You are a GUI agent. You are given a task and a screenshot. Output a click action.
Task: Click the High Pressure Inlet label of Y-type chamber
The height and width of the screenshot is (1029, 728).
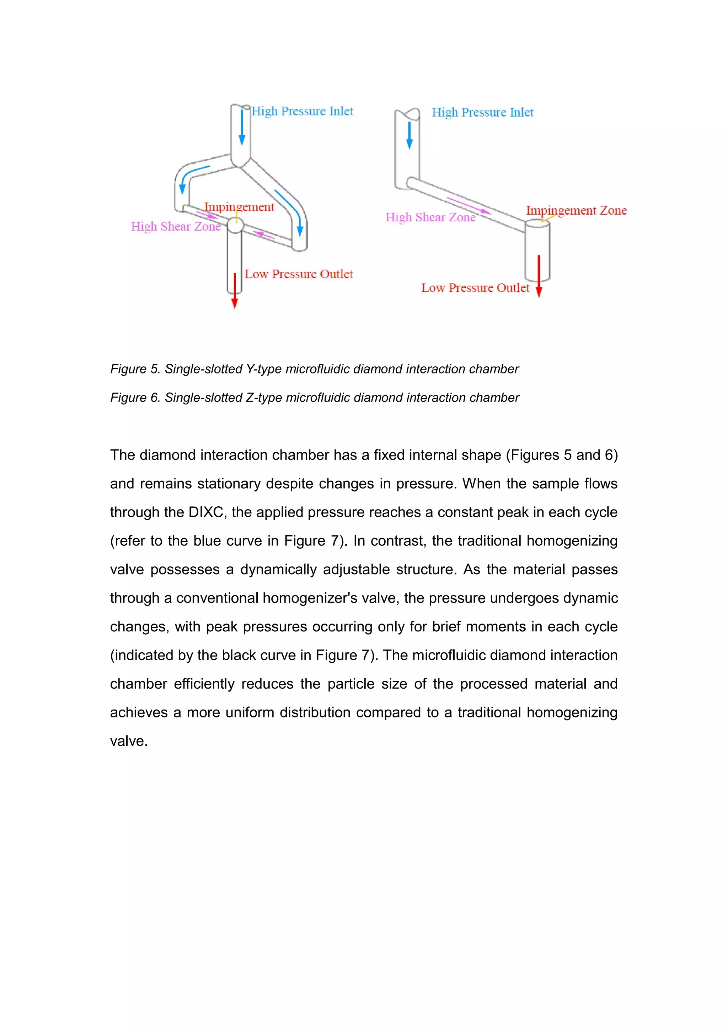[x=302, y=111]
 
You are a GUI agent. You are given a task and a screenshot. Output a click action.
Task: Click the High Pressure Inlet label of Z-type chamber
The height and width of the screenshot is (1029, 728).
[x=482, y=113]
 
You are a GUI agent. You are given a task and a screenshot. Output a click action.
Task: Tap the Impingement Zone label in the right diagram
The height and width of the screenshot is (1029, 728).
[x=576, y=210]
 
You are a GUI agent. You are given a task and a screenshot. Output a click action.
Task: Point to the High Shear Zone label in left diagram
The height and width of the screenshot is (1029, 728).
[x=176, y=226]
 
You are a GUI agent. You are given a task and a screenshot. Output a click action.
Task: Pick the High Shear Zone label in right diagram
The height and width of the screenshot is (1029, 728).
[x=430, y=217]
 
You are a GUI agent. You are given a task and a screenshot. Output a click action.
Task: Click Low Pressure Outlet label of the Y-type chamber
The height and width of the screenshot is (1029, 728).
[x=299, y=274]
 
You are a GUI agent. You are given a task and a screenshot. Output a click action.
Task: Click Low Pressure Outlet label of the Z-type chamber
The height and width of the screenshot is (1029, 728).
[x=475, y=288]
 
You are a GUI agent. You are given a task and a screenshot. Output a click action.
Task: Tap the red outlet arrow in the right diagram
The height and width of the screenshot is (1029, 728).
[x=539, y=276]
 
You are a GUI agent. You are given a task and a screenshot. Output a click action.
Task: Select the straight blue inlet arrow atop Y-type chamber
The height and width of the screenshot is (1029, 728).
[x=242, y=127]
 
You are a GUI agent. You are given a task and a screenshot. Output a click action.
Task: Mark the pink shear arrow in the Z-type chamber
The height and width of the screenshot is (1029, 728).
[x=469, y=205]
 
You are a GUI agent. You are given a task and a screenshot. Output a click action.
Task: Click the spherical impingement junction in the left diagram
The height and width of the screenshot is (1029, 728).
[x=235, y=225]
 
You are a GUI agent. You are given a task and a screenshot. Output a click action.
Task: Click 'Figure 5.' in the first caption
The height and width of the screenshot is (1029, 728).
[x=135, y=369]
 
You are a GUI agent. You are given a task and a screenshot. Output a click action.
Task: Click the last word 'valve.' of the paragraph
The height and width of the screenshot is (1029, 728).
[x=129, y=741]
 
